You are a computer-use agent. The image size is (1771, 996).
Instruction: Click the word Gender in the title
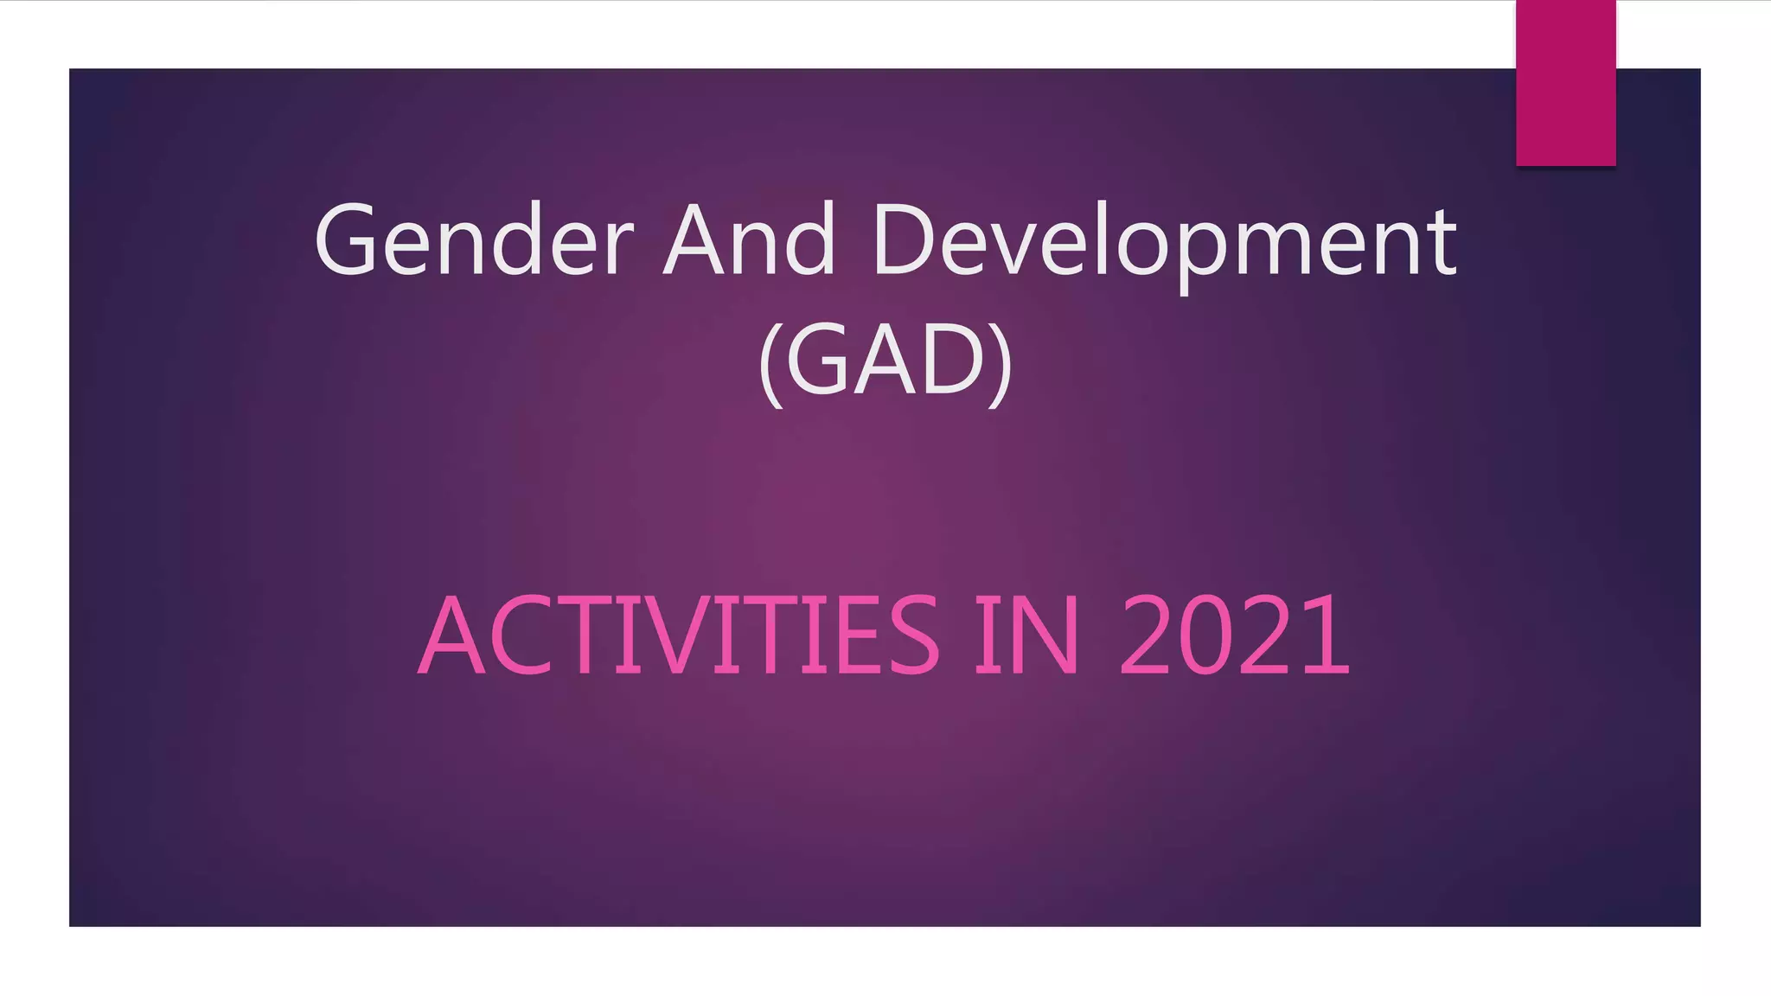pos(474,240)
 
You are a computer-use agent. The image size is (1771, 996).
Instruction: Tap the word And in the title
pos(749,240)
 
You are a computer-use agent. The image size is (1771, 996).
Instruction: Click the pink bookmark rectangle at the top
pos(1565,83)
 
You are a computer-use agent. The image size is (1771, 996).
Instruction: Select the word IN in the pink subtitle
pos(1027,635)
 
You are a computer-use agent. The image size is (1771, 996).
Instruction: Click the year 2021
pos(1234,635)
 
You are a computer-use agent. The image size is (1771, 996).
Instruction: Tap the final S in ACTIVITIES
pos(913,635)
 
